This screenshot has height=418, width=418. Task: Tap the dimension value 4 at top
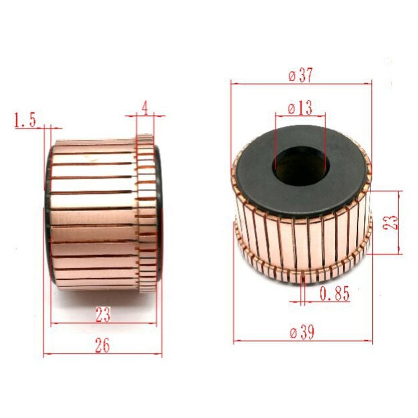coord(145,108)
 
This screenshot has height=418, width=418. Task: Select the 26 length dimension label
coord(102,346)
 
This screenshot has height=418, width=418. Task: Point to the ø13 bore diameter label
coord(300,109)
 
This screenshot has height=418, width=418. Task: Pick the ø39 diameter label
coord(302,333)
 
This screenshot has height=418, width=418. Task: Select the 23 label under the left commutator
coord(102,315)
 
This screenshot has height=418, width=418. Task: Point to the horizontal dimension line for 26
coord(102,354)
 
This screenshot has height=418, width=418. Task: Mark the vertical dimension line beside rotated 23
coord(399,222)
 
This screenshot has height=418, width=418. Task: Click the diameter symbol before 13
coord(291,109)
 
